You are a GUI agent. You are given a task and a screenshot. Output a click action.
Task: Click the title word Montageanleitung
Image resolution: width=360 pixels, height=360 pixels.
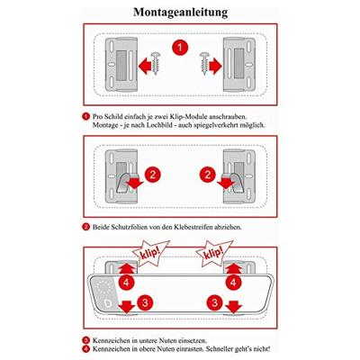[180, 13]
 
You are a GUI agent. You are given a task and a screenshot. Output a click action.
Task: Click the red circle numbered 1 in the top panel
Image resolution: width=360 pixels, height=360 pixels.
[180, 48]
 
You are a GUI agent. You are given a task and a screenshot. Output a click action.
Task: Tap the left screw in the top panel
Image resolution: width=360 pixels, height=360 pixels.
[156, 63]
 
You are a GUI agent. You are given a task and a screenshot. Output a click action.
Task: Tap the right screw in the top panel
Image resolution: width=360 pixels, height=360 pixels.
[205, 63]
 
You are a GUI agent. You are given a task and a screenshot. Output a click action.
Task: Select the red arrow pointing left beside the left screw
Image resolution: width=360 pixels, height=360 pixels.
[145, 66]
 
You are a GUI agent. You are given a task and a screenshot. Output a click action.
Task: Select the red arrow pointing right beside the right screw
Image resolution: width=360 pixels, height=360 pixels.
[216, 66]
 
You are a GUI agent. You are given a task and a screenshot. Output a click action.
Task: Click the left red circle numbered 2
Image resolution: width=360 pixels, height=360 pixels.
[153, 175]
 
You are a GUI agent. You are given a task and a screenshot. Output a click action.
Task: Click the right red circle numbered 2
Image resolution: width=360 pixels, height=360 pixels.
[208, 175]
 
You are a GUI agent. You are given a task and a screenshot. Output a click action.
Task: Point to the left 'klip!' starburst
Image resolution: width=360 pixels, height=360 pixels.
[149, 253]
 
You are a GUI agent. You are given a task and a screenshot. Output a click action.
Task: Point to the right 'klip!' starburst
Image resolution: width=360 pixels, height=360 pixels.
[213, 254]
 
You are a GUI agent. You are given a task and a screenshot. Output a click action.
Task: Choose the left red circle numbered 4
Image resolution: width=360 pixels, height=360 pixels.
[126, 282]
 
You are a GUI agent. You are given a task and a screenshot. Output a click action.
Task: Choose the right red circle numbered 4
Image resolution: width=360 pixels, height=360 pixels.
[233, 282]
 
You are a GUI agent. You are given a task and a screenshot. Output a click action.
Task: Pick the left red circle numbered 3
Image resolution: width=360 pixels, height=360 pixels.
[145, 302]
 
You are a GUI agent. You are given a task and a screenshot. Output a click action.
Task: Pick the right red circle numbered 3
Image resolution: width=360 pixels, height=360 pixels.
[214, 302]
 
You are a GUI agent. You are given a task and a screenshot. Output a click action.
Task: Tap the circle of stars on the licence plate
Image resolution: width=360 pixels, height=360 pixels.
[103, 287]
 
